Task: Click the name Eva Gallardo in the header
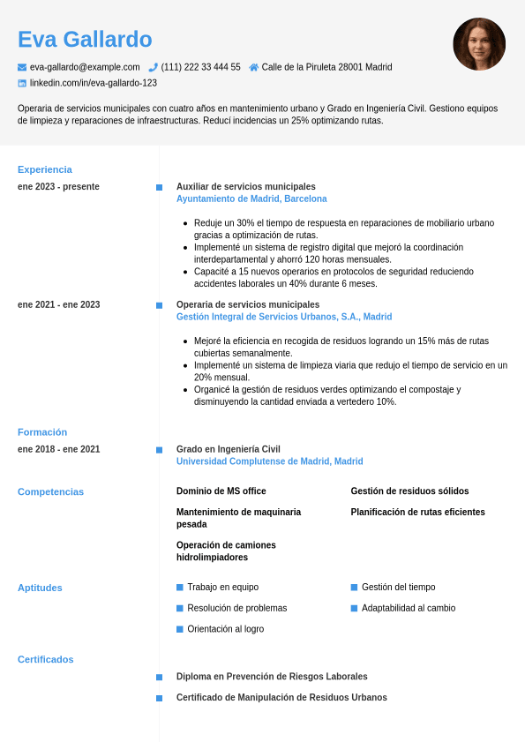(x=85, y=40)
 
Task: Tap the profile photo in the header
(x=479, y=44)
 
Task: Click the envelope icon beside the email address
(x=22, y=67)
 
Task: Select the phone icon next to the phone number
(x=153, y=67)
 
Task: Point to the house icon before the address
(x=254, y=67)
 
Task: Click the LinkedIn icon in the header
(x=22, y=83)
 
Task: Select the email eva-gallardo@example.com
(x=85, y=67)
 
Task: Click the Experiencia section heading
(x=45, y=169)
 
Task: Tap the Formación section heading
(x=42, y=432)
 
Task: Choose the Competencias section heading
(x=50, y=491)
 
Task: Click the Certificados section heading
(x=46, y=659)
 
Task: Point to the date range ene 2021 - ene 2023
(x=58, y=304)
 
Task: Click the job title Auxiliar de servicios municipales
(x=245, y=186)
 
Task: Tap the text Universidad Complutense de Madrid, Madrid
(x=269, y=461)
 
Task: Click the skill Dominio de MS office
(x=221, y=491)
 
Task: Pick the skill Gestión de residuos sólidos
(x=409, y=491)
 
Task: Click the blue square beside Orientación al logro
(x=180, y=629)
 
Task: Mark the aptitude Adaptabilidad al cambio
(x=409, y=608)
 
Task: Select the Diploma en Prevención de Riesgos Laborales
(x=272, y=677)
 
